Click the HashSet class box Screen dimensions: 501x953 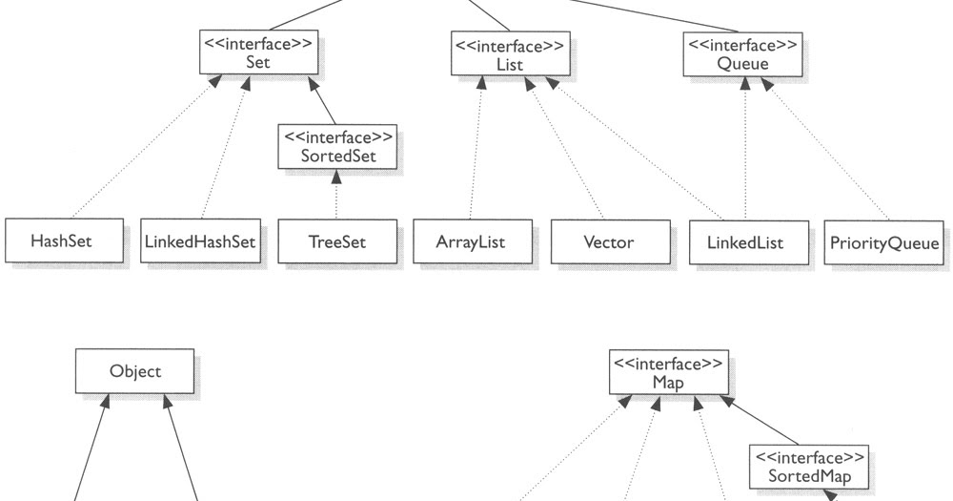pos(65,242)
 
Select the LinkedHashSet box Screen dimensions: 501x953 pos(201,242)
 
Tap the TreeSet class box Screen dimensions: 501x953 pos(336,242)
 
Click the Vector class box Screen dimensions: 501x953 pos(609,242)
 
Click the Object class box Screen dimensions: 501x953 pos(135,371)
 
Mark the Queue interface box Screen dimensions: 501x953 pos(741,52)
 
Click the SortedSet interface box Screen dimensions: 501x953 pos(335,145)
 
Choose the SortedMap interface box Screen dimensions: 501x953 pos(808,466)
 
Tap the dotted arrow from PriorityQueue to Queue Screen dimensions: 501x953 pos(829,148)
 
